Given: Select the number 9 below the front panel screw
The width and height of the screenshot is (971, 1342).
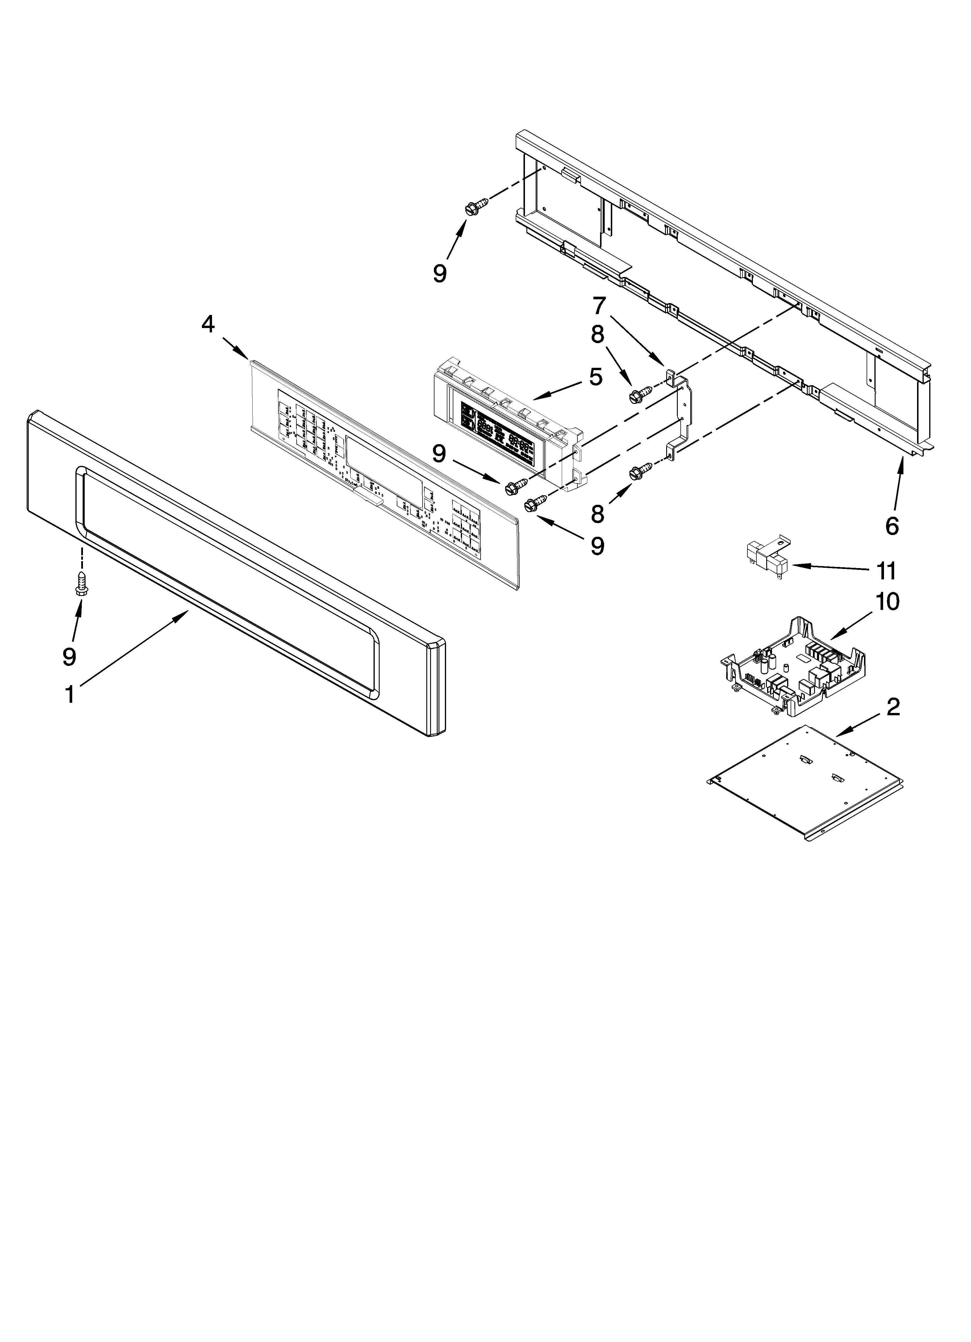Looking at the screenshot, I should point(70,656).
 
